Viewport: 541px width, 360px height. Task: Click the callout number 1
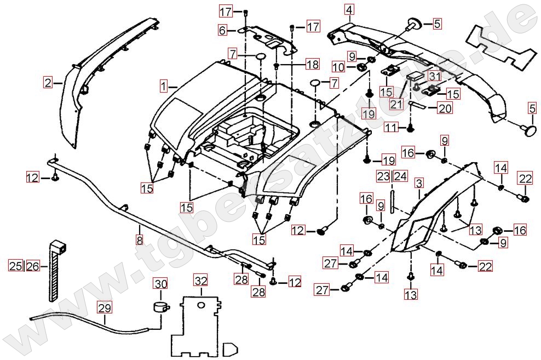click(164, 86)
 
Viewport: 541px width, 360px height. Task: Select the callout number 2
click(49, 83)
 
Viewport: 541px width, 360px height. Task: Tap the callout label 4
click(349, 9)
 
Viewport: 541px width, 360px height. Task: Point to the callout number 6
click(223, 30)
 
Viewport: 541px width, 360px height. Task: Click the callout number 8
click(140, 239)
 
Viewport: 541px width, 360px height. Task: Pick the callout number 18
click(312, 65)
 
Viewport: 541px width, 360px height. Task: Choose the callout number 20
click(445, 108)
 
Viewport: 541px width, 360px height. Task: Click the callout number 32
click(201, 282)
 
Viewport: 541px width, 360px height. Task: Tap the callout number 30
click(160, 284)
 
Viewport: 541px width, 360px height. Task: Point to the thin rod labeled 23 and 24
click(392, 198)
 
